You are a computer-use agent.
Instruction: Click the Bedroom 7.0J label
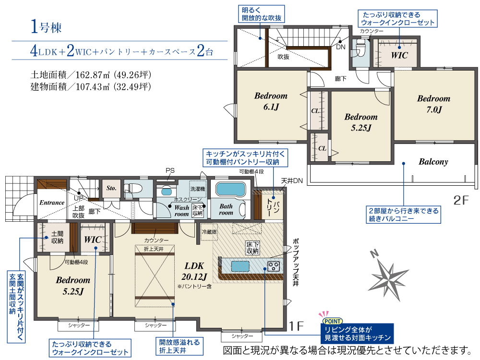[x=434, y=104]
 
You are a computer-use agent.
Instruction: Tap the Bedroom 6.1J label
[x=271, y=101]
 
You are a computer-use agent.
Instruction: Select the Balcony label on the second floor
[x=433, y=162]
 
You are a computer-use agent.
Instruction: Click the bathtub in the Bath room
[x=230, y=190]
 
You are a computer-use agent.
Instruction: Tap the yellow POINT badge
[x=333, y=321]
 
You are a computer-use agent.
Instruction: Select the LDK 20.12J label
[x=194, y=271]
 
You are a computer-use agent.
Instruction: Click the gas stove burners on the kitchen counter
[x=274, y=266]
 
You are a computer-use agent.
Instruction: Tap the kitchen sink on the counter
[x=240, y=266]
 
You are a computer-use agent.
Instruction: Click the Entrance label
[x=52, y=203]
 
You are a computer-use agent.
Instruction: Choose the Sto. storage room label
[x=111, y=188]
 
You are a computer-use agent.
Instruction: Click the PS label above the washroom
[x=170, y=171]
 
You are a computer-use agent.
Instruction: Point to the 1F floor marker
[x=296, y=326]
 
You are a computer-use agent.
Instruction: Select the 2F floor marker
[x=461, y=200]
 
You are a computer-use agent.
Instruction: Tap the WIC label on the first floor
[x=93, y=240]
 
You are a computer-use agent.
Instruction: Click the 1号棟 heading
[x=46, y=26]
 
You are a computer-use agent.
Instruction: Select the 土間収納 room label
[x=57, y=237]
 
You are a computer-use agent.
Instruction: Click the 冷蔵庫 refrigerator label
[x=209, y=232]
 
